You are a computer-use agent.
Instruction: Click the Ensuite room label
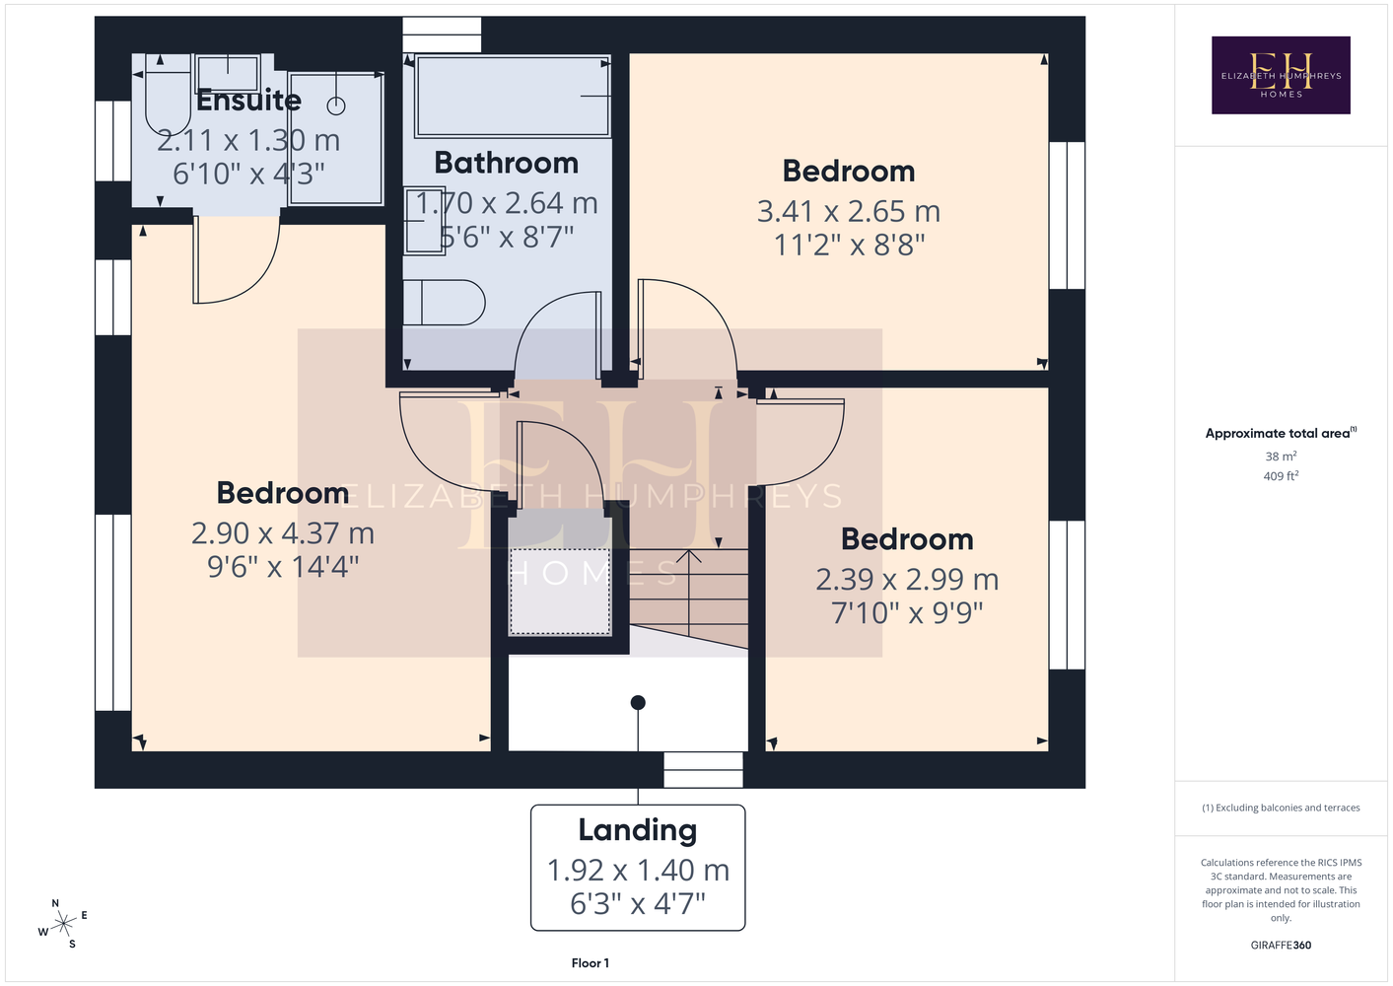point(248,101)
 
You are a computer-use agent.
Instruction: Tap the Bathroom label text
point(506,163)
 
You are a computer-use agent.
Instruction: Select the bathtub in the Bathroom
point(512,96)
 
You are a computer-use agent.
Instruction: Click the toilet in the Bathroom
point(444,303)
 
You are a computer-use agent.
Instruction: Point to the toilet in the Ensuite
point(168,95)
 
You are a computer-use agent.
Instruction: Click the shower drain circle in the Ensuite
point(336,106)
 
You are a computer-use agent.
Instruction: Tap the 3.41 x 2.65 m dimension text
point(848,212)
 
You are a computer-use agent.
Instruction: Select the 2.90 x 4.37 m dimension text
point(283,533)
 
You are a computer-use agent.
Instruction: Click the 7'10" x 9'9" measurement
point(907,612)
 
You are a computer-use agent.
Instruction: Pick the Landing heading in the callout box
point(638,830)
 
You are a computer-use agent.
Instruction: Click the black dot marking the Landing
point(638,702)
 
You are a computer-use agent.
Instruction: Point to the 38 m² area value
point(1281,456)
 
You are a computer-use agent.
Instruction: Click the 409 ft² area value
point(1281,476)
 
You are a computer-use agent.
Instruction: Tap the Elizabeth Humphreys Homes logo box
point(1281,75)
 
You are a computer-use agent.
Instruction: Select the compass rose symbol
point(63,924)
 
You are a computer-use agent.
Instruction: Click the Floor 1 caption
point(591,963)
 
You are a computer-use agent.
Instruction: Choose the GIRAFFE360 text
point(1281,945)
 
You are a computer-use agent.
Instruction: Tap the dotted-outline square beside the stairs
point(560,592)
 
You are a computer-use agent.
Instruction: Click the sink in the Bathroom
point(425,221)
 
